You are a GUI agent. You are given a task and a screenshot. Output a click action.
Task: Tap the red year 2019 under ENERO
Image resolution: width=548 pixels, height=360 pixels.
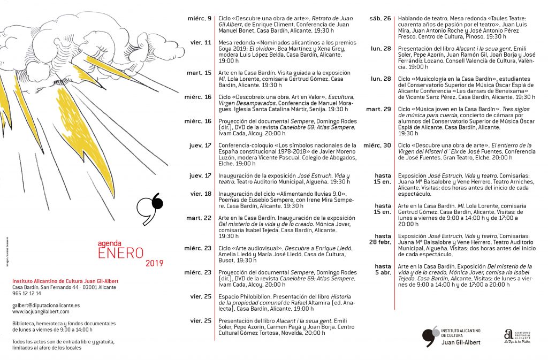coord(154,263)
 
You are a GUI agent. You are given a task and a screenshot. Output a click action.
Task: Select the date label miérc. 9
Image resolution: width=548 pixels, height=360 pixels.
coord(199,19)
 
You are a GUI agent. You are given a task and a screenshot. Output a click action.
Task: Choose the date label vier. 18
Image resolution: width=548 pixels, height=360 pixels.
coord(201,194)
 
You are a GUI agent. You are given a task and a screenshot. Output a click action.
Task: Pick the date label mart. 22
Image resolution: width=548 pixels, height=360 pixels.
coord(199,218)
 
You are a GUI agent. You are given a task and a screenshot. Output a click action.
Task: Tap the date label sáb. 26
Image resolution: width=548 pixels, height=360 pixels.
coord(380,19)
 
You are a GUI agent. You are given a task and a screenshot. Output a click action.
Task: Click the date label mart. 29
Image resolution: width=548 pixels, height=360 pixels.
coord(378,109)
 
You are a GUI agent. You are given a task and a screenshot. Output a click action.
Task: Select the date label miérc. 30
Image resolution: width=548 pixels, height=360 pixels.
coord(377,145)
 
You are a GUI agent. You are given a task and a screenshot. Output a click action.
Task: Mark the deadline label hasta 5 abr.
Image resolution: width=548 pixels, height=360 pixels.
coord(382,270)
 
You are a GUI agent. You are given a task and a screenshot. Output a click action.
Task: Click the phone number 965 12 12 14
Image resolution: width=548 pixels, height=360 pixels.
coord(27,294)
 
